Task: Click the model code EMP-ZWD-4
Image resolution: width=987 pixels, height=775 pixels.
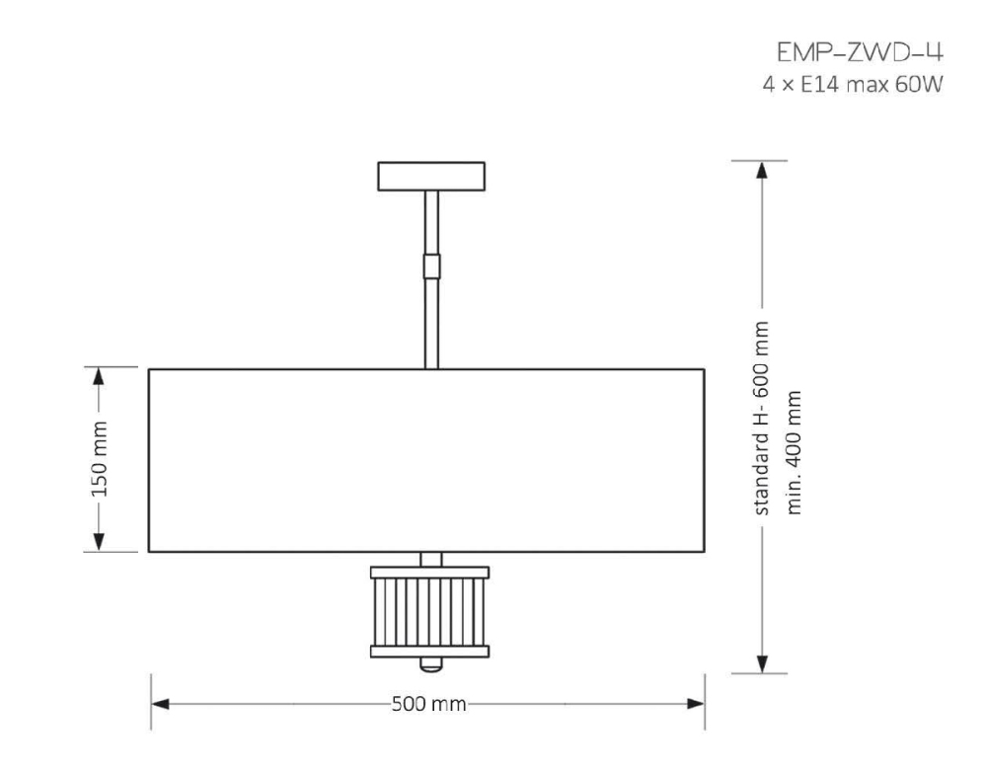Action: pos(860,52)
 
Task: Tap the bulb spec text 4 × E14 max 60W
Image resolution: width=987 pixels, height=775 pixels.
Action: pos(853,84)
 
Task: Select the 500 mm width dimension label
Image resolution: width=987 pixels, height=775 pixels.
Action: pos(428,703)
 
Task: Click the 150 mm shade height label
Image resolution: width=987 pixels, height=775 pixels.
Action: pos(100,459)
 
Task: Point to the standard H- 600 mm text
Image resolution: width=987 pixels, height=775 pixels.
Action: pos(762,418)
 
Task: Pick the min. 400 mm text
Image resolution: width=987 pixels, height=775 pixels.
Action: pos(794,453)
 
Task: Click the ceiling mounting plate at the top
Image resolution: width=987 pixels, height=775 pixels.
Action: pos(431,177)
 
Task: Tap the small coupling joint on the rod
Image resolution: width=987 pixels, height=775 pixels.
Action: pos(431,267)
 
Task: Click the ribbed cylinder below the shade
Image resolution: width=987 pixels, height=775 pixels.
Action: pos(430,612)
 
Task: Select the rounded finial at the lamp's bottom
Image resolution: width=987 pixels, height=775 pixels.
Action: pos(431,664)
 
